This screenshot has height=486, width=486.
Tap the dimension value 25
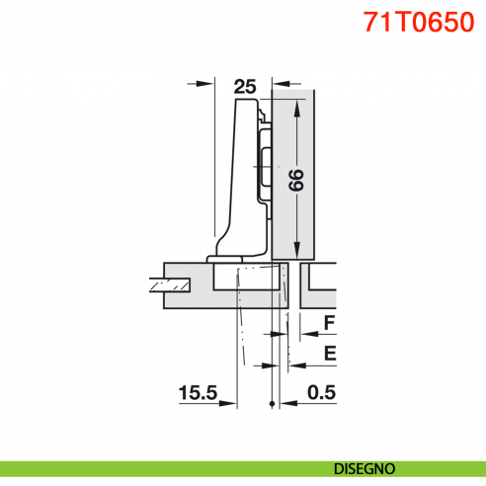244,86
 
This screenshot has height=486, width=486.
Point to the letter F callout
330,323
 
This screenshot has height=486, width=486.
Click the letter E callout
330,353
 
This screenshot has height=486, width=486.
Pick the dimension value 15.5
198,393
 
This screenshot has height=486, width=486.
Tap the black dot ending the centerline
270,404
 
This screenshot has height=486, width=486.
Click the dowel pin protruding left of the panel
165,286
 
